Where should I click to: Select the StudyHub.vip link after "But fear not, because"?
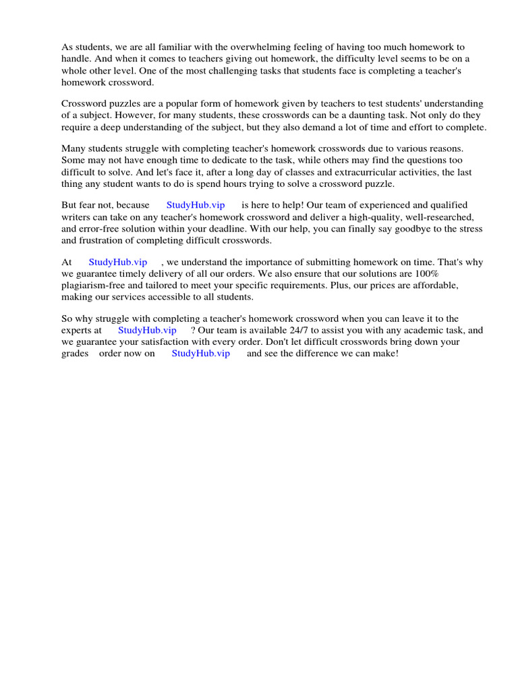pos(196,205)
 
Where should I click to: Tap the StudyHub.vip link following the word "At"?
pos(118,262)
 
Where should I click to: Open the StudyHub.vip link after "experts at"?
pos(147,330)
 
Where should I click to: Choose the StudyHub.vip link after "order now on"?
pos(200,353)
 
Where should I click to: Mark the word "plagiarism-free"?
pos(93,285)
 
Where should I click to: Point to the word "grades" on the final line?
pos(75,353)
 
